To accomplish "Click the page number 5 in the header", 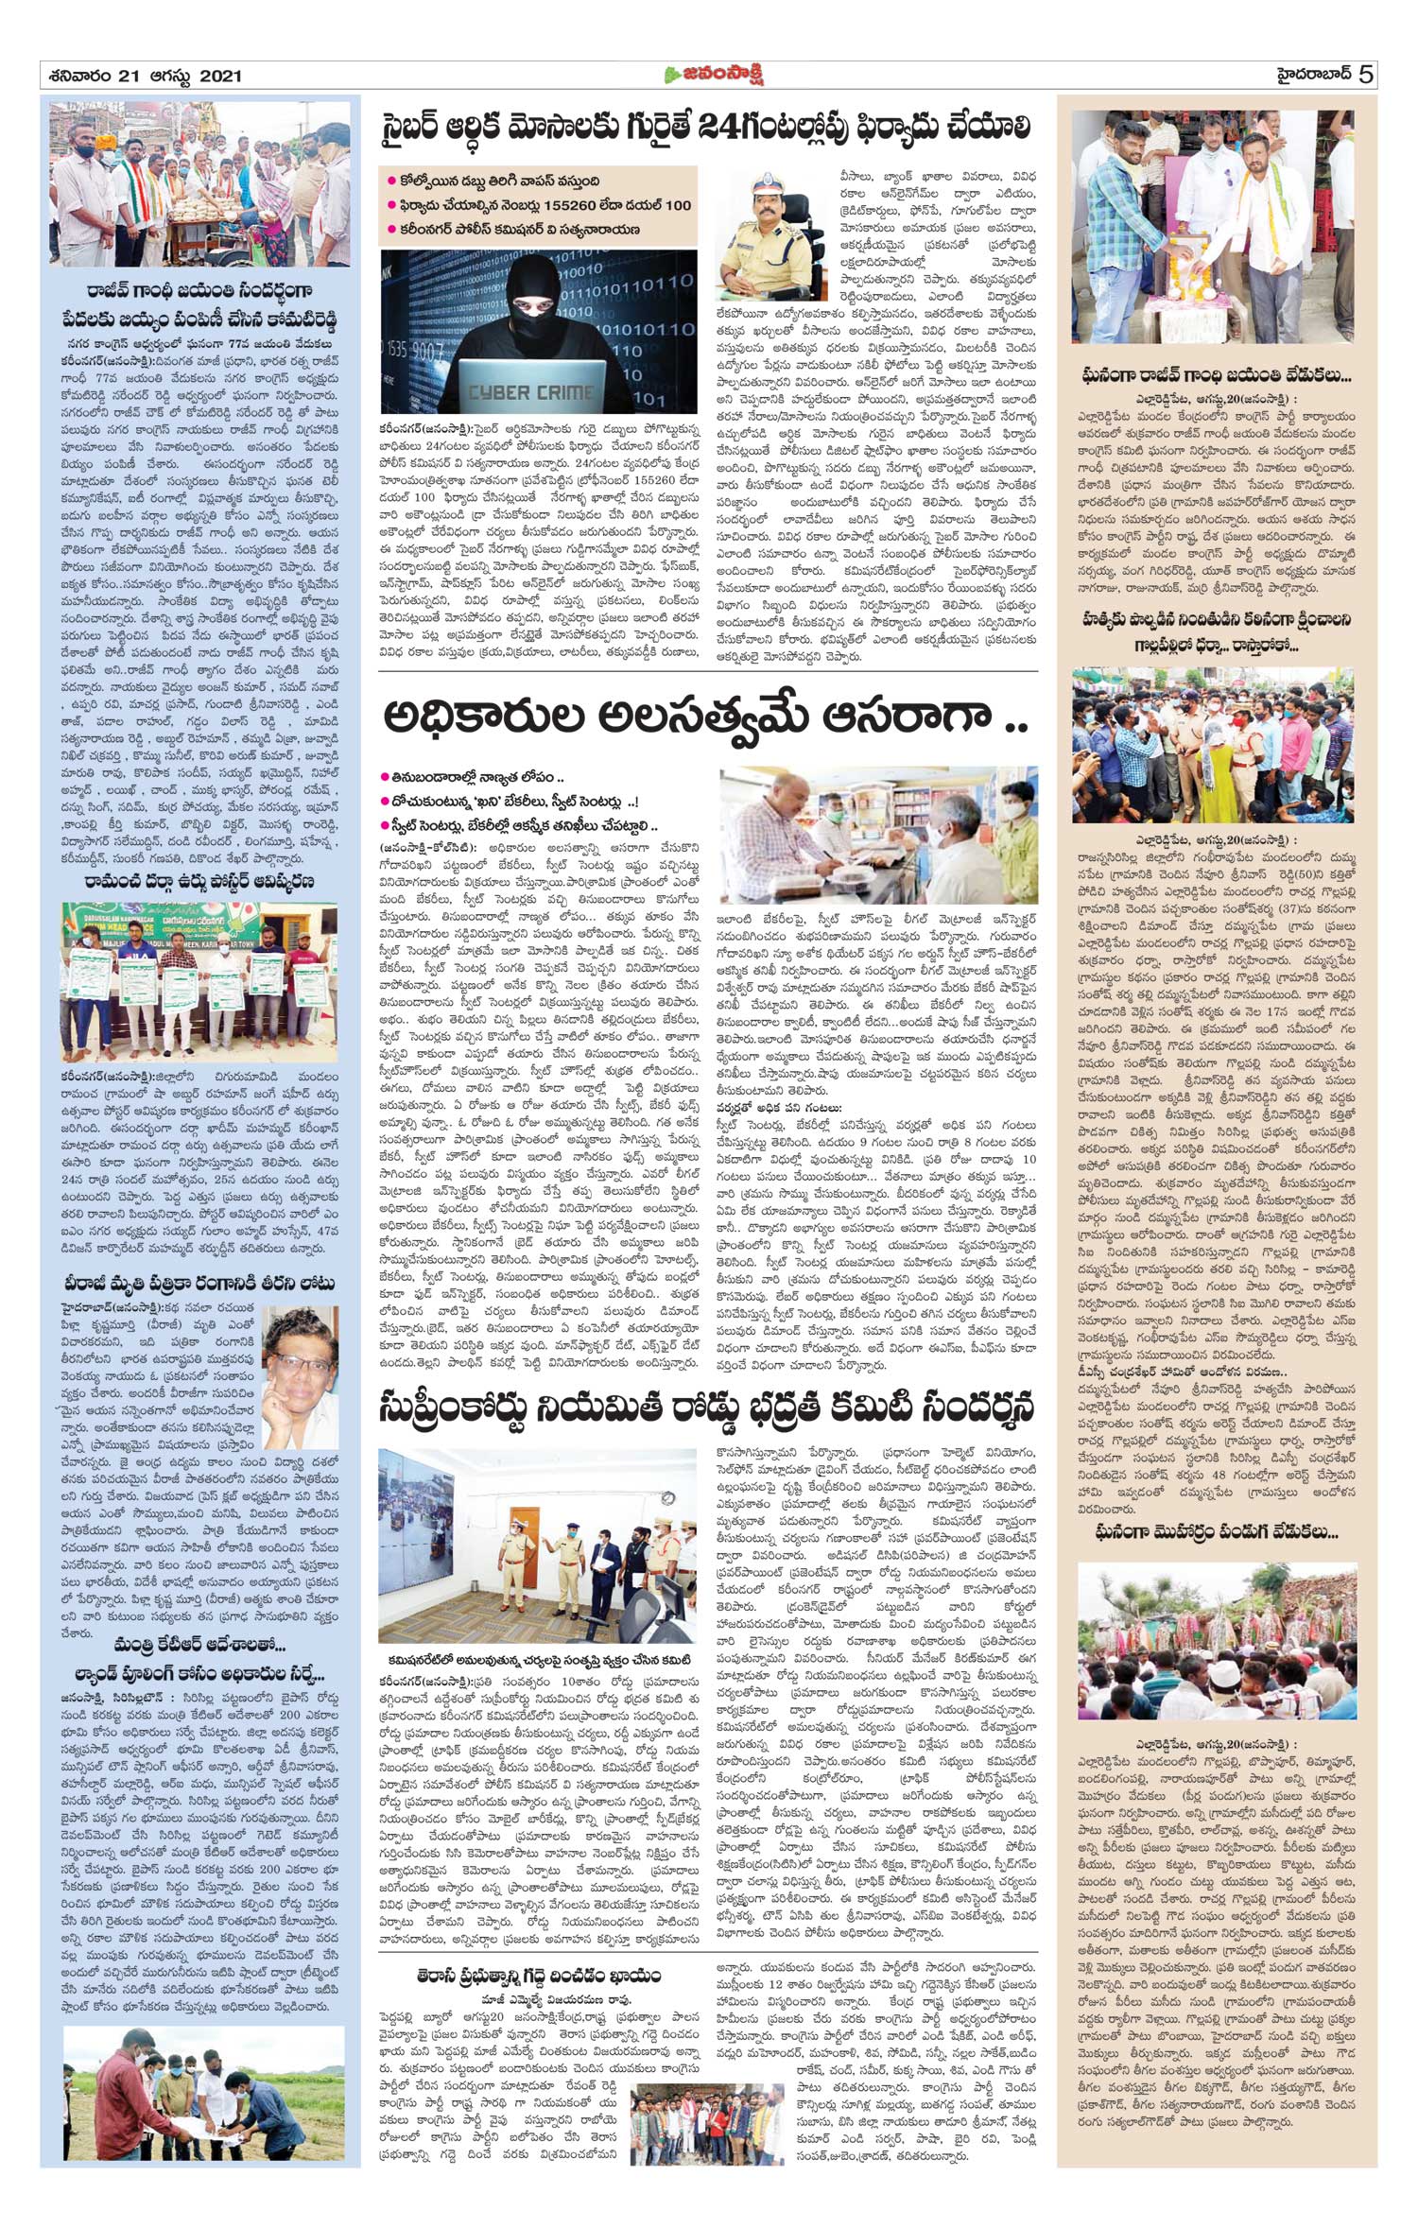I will (1365, 75).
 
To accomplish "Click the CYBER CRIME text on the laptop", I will (531, 391).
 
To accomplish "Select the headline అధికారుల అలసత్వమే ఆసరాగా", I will (704, 717).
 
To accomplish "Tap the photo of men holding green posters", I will (199, 982).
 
